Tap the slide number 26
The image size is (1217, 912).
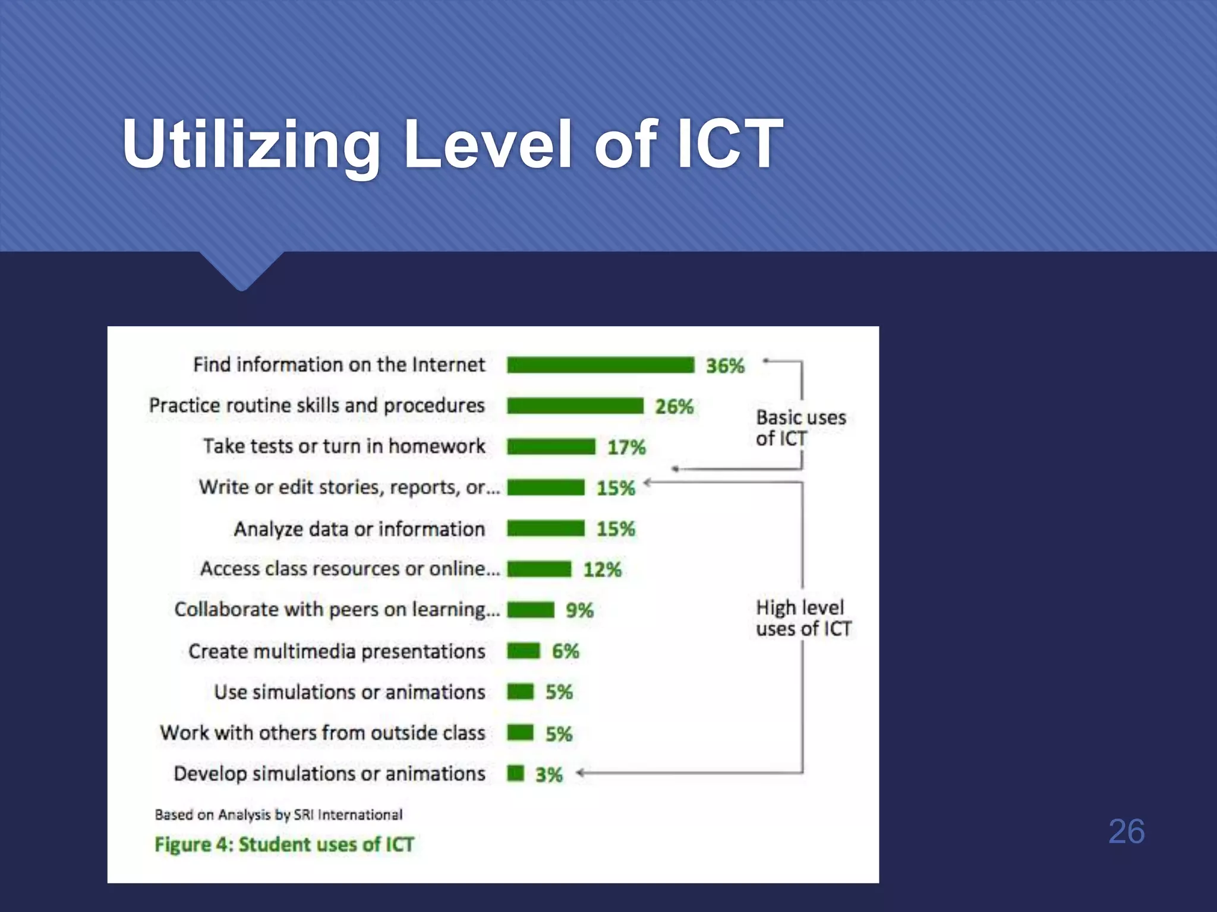point(1126,831)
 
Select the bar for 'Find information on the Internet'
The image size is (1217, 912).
point(600,365)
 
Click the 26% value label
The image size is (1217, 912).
point(674,407)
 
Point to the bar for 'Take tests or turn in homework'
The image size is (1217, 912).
point(551,446)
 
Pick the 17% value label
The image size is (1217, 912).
point(626,447)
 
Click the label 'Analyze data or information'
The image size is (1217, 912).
point(359,529)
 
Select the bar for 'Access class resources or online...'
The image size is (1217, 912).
point(539,569)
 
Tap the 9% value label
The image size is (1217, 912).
point(579,610)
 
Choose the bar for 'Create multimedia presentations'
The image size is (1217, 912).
point(524,651)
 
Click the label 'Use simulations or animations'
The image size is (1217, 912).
point(349,692)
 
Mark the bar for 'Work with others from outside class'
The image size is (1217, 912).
point(521,733)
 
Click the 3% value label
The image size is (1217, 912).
point(548,775)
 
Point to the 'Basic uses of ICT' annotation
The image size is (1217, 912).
point(800,428)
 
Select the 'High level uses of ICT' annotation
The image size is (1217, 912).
point(803,618)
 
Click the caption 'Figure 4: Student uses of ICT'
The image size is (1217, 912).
point(284,844)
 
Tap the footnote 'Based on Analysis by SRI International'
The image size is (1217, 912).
point(278,815)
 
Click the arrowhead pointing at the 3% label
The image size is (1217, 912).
point(581,772)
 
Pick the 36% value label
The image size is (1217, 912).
point(725,366)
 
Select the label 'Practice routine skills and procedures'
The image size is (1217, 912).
point(317,406)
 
